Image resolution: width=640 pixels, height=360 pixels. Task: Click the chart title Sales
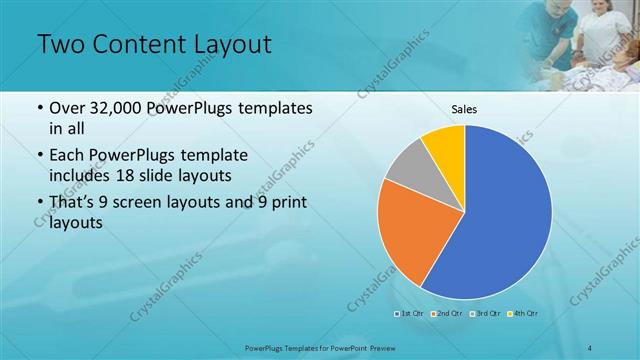pos(464,109)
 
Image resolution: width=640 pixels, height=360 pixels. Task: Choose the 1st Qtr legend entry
pos(409,314)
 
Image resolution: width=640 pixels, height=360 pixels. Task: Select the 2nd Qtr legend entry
pos(445,314)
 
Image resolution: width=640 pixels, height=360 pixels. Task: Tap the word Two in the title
pos(60,46)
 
